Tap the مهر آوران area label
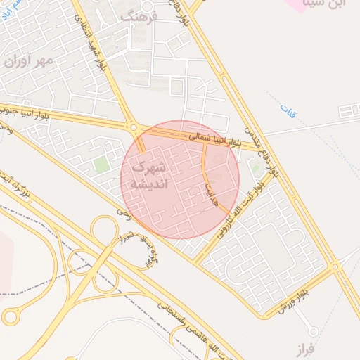click(29, 61)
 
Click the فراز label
click(304, 348)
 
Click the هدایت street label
click(209, 190)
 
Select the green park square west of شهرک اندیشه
click(102, 165)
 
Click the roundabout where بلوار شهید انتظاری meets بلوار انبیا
click(134, 128)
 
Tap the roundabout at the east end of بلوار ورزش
click(335, 266)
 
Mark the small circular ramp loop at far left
click(9, 317)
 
